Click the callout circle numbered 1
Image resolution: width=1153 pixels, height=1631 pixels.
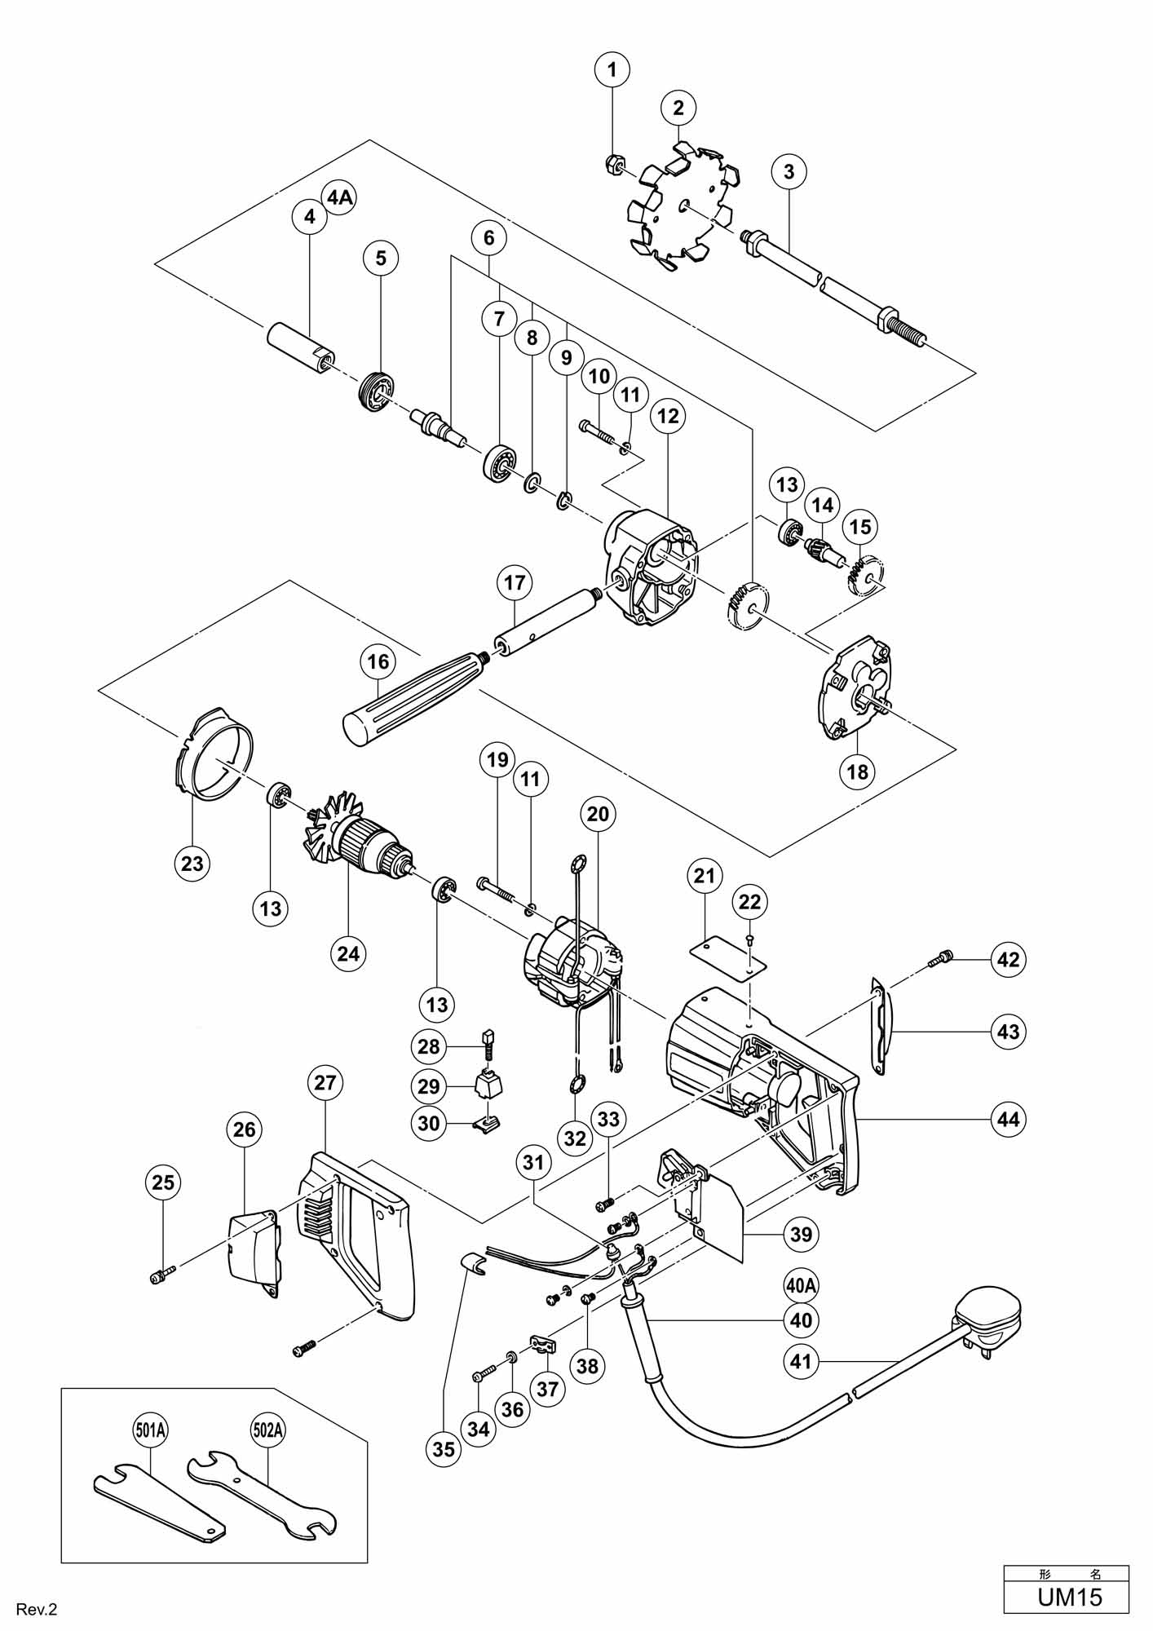(612, 69)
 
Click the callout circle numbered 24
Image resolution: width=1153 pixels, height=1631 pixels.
(348, 952)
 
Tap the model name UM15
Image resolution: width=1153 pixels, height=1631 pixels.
(1069, 1594)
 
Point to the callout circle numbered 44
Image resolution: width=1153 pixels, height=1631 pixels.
(1009, 1119)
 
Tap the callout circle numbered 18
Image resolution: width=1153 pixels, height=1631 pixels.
(858, 770)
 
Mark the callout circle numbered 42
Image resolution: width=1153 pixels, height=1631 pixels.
(1009, 959)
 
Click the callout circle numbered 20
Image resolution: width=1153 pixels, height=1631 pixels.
(598, 813)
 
